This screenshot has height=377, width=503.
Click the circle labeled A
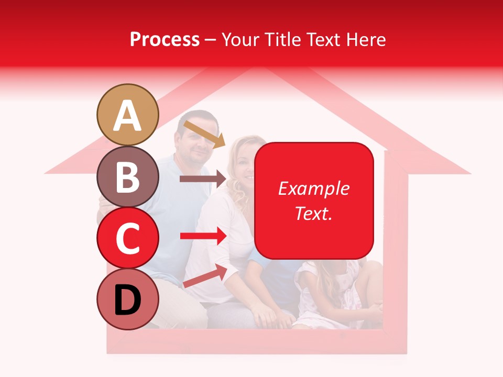point(127,115)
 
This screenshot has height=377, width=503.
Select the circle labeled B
point(127,176)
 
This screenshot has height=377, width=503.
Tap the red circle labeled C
point(127,238)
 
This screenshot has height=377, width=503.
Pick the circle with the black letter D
point(127,300)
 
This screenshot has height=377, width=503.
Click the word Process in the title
point(165,39)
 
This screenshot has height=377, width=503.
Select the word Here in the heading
point(367,39)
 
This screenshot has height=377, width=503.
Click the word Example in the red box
point(313,188)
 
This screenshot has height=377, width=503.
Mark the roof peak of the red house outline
point(257,69)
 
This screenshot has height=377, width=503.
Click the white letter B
point(127,177)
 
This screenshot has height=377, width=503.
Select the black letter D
point(127,300)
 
